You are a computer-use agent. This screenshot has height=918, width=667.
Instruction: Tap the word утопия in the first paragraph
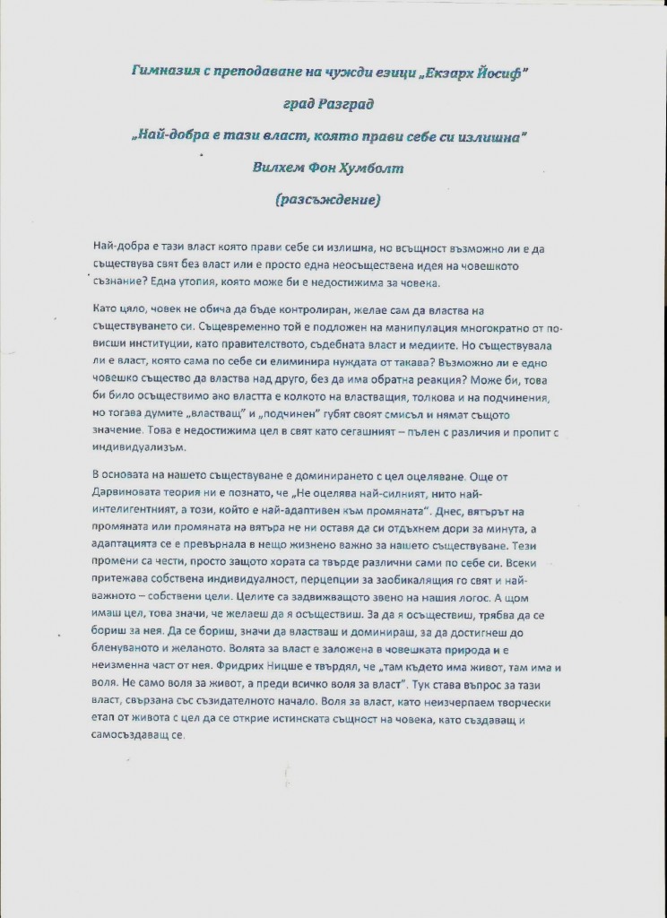(x=207, y=284)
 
